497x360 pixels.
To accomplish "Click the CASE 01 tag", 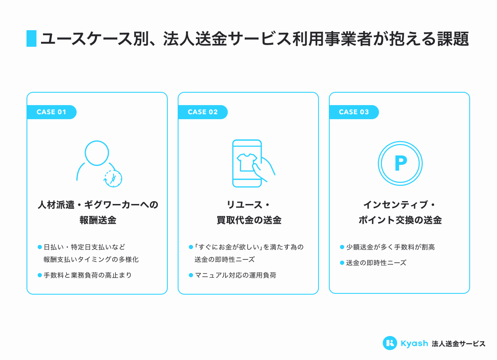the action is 51,112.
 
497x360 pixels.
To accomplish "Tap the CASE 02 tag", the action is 203,112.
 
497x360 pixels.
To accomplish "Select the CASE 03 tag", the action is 354,112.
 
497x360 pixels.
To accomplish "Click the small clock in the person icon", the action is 113,178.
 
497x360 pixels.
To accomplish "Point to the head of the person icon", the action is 97,152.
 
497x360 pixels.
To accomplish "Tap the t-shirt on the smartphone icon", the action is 247,161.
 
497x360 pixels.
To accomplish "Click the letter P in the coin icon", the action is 400,164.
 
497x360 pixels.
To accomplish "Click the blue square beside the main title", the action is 31,38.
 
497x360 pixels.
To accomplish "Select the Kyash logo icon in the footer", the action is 390,343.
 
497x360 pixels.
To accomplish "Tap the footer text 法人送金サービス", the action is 458,343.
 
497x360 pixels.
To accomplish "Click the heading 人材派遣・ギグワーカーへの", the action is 98,205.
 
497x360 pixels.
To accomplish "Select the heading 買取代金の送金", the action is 248,220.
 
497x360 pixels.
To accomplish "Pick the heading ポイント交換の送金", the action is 400,220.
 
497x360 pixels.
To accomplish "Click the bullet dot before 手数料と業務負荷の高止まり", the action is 40,275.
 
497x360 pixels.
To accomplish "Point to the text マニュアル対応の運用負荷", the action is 235,275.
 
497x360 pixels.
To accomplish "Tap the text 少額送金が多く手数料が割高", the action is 390,247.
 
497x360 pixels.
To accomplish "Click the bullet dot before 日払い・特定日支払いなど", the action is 40,247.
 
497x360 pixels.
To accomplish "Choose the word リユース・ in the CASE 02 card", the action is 248,205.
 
